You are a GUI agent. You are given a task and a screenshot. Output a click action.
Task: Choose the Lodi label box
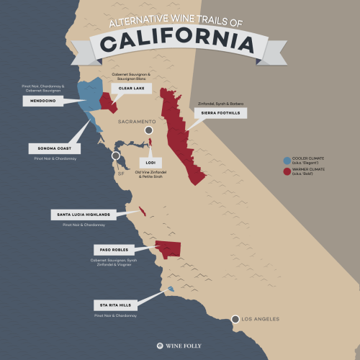tap(150, 162)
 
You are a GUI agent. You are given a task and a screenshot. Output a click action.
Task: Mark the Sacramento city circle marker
tap(149, 131)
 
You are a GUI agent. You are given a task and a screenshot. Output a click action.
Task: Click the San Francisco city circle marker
tap(115, 156)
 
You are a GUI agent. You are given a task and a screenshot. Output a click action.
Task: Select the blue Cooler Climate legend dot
tap(287, 161)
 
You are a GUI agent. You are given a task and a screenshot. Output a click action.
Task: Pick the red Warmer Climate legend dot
tap(287, 172)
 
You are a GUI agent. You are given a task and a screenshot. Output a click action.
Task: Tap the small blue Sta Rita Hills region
tap(171, 289)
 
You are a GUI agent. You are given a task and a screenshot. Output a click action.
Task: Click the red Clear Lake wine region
tap(108, 100)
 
